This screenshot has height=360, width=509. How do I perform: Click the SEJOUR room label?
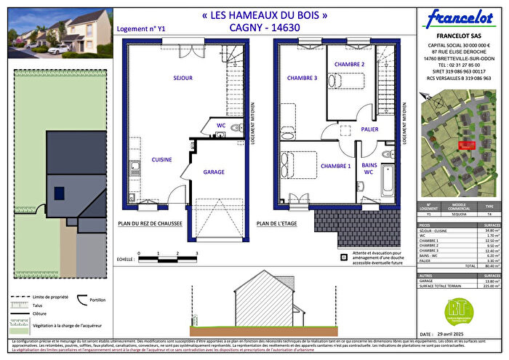(162, 76)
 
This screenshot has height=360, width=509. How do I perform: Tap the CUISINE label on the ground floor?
(161, 159)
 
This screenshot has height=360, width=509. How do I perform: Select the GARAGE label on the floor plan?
(214, 172)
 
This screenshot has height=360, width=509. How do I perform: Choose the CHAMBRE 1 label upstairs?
(334, 166)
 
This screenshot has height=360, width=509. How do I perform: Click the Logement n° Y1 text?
(141, 30)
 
